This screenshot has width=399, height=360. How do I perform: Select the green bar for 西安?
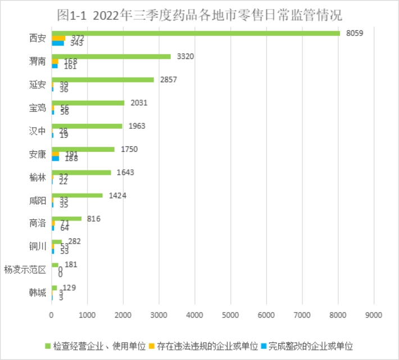coord(196,33)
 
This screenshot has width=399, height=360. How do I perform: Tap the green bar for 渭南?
coord(111,56)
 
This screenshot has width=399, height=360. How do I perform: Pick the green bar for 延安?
coord(102,79)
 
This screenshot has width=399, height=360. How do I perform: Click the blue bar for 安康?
coord(55,159)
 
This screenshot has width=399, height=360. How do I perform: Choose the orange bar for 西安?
coord(58,38)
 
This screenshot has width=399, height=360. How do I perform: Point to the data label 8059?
coord(355,33)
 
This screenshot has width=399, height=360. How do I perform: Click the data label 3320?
coord(185,56)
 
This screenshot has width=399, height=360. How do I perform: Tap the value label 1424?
coord(117,195)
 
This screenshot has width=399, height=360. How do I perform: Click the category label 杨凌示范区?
coord(25,269)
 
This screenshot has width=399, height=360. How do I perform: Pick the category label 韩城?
coord(38,292)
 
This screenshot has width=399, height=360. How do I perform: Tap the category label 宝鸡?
coord(38,107)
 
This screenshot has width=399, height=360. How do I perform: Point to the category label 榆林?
coord(38,177)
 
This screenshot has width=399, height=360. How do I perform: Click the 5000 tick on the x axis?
coord(230,316)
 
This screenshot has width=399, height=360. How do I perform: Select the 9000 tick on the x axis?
coord(374,316)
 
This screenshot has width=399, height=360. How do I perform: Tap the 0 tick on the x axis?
coord(52,316)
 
